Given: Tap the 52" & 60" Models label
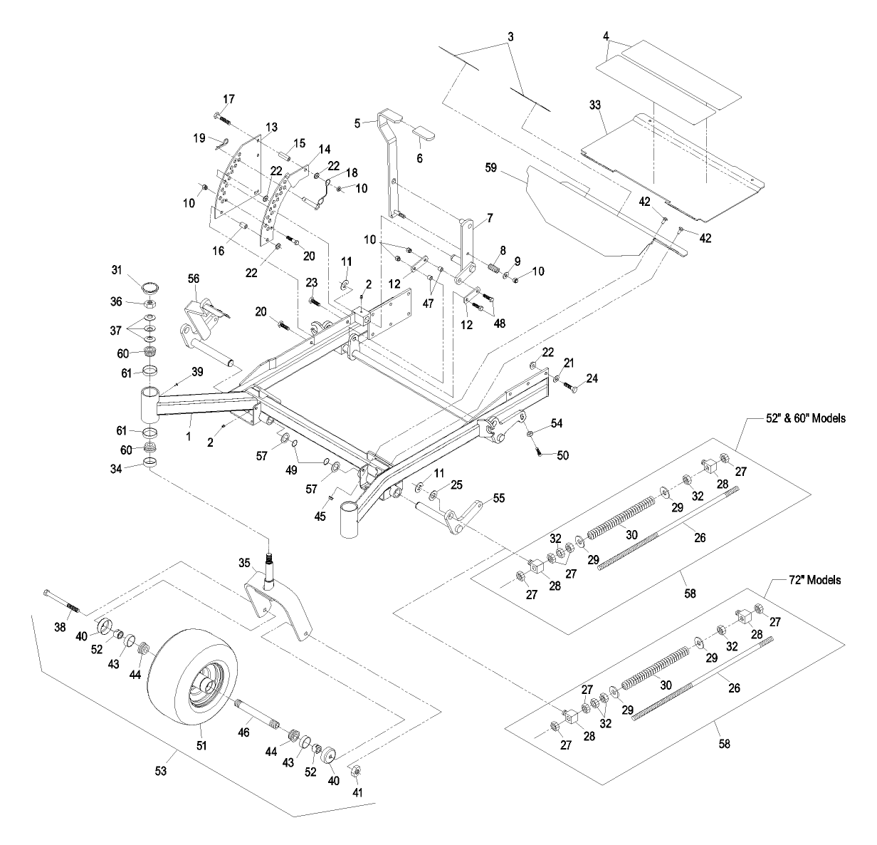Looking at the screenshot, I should coord(798,419).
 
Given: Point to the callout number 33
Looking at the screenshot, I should coord(595,105).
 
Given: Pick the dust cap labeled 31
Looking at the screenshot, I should coord(150,289).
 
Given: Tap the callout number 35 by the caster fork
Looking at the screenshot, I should coord(243,563).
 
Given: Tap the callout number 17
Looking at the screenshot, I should coord(209,98).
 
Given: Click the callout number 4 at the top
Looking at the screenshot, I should coord(605,35).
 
